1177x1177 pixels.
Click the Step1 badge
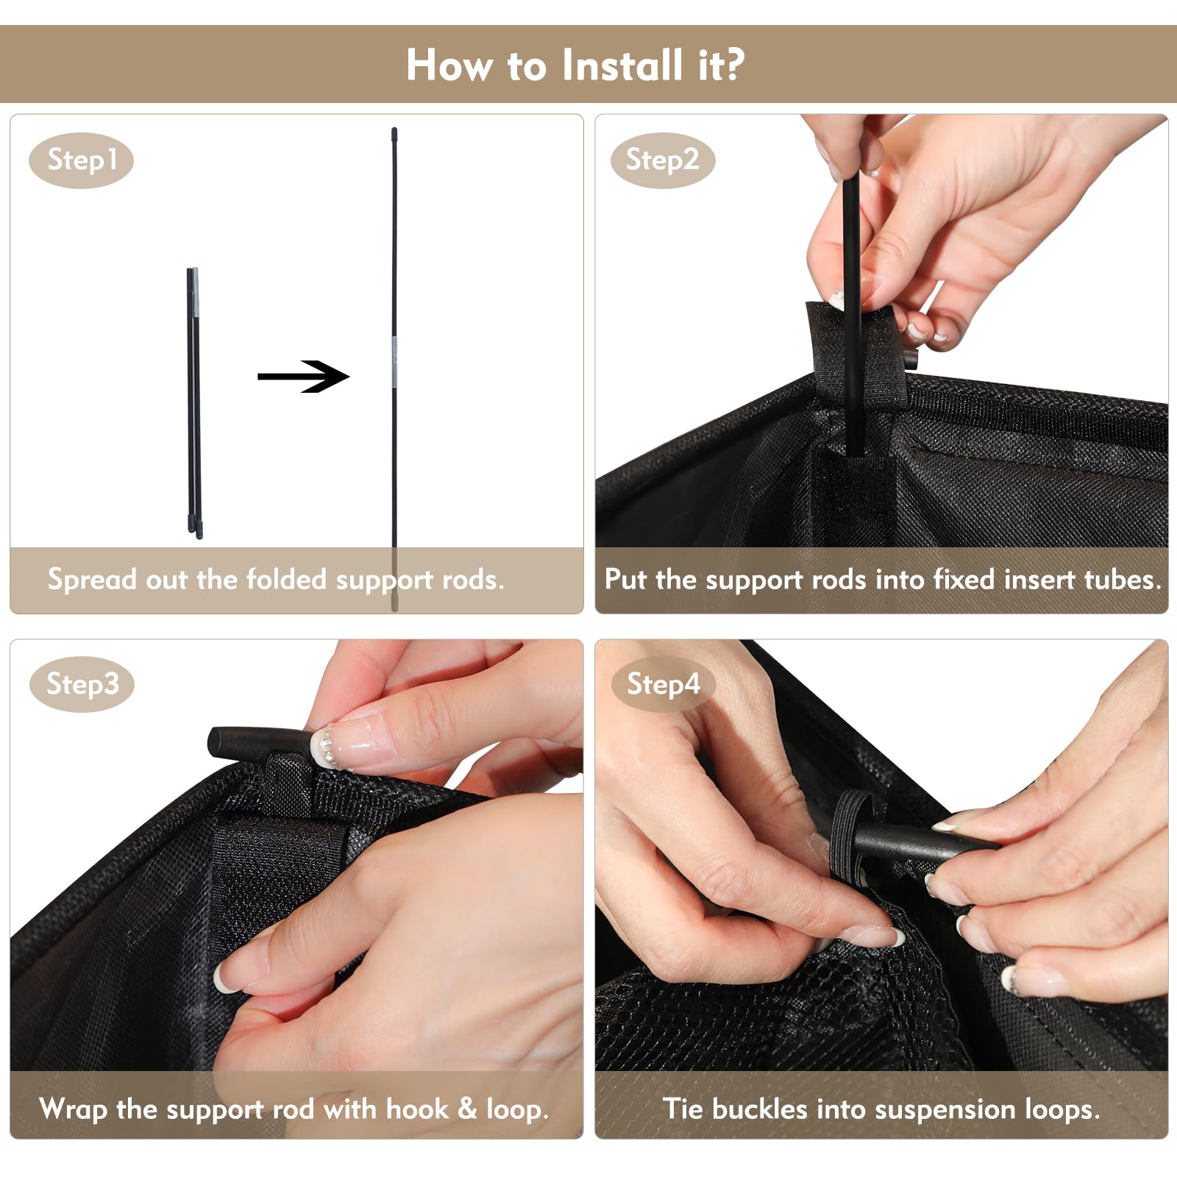tap(81, 160)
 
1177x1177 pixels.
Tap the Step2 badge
tap(663, 160)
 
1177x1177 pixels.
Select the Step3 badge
tap(82, 684)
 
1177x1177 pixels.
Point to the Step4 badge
tap(663, 684)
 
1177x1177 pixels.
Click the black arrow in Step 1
tap(303, 376)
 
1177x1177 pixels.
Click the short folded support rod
tap(194, 403)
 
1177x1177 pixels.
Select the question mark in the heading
tap(732, 65)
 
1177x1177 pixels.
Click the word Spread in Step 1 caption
tap(93, 580)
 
